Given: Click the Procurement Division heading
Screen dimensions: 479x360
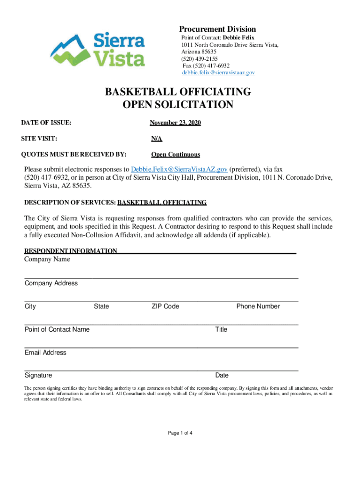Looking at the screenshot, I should [218, 29].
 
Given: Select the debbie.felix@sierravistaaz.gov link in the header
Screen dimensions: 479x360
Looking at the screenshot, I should [218, 73].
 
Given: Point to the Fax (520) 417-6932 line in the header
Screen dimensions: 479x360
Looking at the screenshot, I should [206, 65].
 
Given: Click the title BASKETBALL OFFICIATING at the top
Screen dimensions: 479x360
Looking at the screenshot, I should [178, 92].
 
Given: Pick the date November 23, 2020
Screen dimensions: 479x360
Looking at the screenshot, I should [175, 123].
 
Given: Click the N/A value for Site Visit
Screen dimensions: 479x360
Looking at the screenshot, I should [156, 139].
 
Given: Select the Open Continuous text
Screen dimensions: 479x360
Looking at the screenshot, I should [175, 155].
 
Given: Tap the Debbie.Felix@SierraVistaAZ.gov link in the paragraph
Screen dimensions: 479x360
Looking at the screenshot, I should [179, 169].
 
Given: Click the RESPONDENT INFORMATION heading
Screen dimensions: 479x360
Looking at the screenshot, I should [71, 251].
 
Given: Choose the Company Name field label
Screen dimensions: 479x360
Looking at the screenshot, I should [47, 259].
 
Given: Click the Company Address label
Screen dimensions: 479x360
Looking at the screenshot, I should [51, 283].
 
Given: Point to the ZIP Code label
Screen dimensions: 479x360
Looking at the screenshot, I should [165, 306].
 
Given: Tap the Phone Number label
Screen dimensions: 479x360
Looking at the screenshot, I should [258, 306].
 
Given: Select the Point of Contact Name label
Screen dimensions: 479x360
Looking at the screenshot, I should [57, 329].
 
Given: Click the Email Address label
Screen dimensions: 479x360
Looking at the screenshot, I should [45, 352].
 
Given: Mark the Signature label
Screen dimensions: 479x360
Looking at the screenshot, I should [38, 375].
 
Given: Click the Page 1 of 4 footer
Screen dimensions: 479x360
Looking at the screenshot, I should [180, 433].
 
